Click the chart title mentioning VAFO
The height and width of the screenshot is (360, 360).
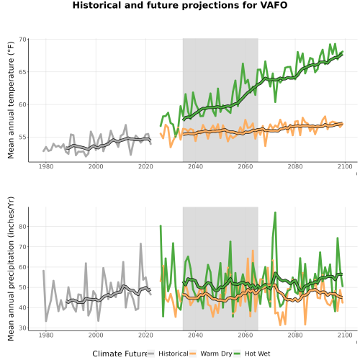180,5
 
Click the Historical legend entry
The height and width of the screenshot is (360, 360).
168,354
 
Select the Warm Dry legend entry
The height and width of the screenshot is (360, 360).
211,354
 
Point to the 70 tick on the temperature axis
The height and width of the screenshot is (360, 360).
22,40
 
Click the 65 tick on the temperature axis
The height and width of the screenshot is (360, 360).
22,72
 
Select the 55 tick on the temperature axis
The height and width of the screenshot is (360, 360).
22,138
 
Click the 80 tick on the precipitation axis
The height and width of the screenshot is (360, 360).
22,227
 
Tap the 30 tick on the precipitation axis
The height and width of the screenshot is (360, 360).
22,328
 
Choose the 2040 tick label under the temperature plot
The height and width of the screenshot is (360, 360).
195,166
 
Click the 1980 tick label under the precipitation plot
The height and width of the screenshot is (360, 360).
46,335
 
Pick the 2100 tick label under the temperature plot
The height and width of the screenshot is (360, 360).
345,166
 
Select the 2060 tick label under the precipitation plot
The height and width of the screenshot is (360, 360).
246,335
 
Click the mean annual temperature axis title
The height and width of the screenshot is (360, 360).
11,100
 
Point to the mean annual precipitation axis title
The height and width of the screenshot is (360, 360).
11,269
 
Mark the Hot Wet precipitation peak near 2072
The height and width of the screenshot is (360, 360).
275,212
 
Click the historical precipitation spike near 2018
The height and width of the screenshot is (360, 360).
140,244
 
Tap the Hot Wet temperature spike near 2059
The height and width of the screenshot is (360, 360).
243,63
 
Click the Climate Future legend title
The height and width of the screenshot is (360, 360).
120,354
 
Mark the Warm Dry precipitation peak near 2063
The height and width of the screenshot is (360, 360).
253,251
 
